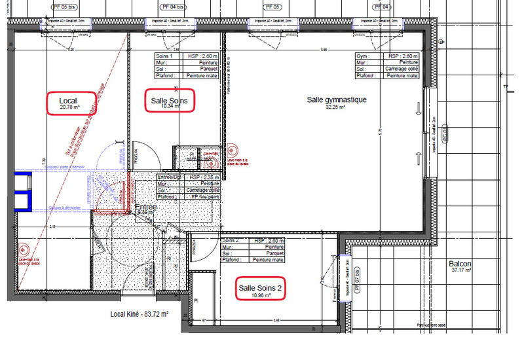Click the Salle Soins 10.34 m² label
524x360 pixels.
[169, 103]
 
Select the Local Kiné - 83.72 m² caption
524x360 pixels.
[140, 315]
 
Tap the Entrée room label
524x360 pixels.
[145, 208]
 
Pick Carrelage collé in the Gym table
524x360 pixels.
[402, 69]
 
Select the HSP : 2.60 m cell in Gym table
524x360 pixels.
[402, 56]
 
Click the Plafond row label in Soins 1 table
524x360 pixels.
[163, 75]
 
